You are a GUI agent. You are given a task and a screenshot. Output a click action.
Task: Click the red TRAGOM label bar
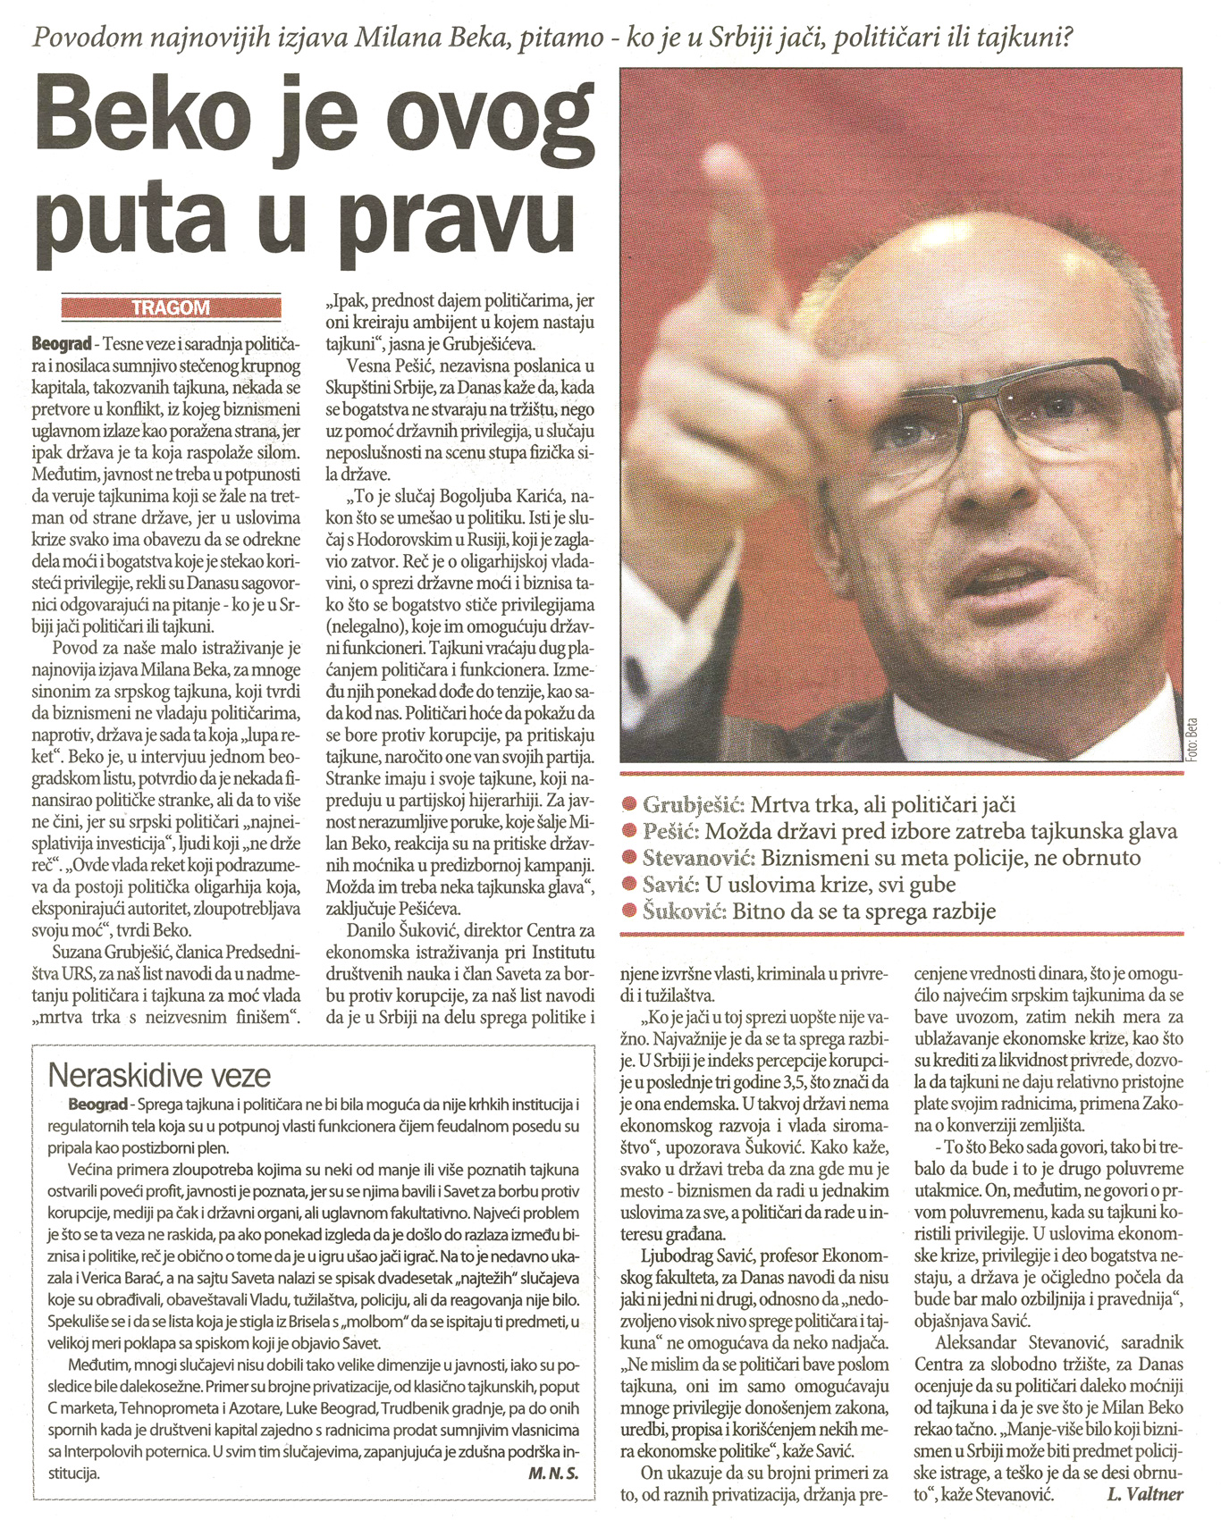[x=171, y=308]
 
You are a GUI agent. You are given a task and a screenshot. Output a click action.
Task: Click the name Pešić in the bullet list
[x=669, y=831]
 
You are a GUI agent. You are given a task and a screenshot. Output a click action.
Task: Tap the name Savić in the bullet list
[x=669, y=885]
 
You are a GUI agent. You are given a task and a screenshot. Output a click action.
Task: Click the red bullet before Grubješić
[x=631, y=804]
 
